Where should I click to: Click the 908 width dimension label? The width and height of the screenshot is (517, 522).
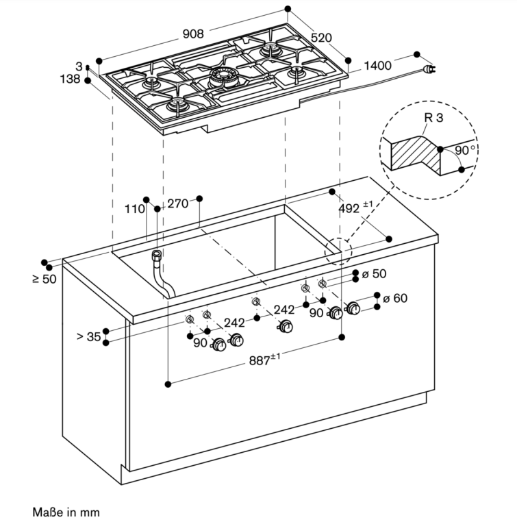193,34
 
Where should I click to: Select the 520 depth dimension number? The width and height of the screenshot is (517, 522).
321,38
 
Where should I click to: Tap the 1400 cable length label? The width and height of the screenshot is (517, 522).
377,66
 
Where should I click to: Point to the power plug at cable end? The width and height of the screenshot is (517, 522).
429,69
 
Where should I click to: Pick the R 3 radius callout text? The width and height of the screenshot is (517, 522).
433,118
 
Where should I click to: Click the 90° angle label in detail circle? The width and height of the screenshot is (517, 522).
464,150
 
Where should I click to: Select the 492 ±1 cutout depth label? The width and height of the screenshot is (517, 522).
355,207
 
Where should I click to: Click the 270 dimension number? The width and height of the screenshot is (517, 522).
177,203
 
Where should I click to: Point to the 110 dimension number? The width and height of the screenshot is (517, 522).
135,209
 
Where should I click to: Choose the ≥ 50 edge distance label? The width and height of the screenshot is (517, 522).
45,279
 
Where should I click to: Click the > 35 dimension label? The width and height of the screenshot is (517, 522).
88,336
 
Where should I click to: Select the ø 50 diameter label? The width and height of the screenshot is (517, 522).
374,273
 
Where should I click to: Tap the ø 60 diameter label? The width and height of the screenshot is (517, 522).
395,298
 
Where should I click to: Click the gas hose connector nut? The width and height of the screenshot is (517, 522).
157,256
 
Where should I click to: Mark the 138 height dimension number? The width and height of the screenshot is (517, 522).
70,79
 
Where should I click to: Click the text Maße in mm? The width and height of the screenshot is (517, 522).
66,512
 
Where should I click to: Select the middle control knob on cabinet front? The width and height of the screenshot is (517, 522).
286,326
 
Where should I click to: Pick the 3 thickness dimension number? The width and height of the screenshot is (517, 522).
79,66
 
